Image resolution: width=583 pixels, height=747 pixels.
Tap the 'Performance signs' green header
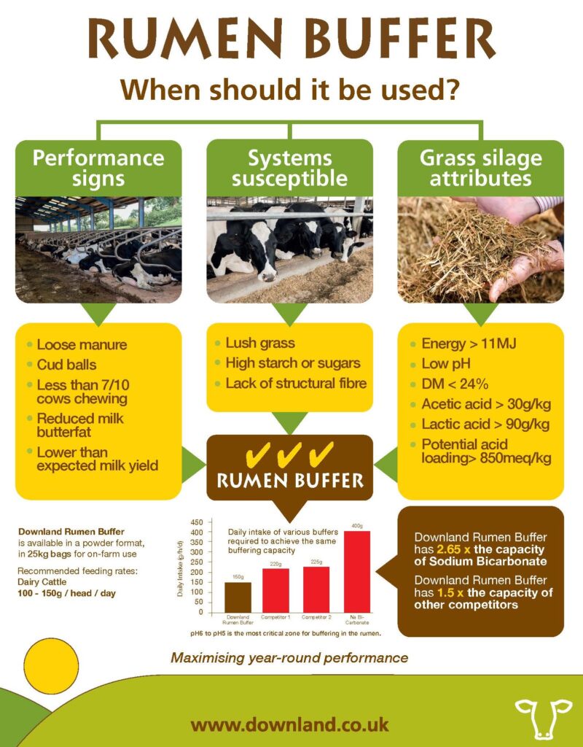click(98, 168)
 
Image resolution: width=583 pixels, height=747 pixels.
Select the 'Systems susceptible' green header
click(290, 168)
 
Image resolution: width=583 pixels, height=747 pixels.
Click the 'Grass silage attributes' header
click(481, 168)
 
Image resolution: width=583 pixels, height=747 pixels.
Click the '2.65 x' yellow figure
click(456, 549)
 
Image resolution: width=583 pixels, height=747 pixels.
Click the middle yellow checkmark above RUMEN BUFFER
click(290, 455)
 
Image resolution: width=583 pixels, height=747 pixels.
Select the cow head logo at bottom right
click(543, 716)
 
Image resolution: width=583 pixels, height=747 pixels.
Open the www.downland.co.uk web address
click(290, 724)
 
